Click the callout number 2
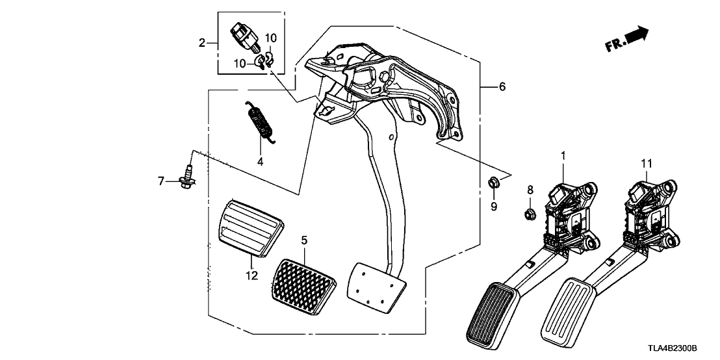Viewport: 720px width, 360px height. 202,44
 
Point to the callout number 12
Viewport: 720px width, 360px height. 251,276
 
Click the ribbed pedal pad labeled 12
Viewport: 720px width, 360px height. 246,227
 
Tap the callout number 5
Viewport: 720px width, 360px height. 303,240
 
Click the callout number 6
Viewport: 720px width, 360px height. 501,87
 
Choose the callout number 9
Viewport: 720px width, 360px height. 493,207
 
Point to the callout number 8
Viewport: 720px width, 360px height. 530,190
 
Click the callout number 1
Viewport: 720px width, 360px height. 563,155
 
